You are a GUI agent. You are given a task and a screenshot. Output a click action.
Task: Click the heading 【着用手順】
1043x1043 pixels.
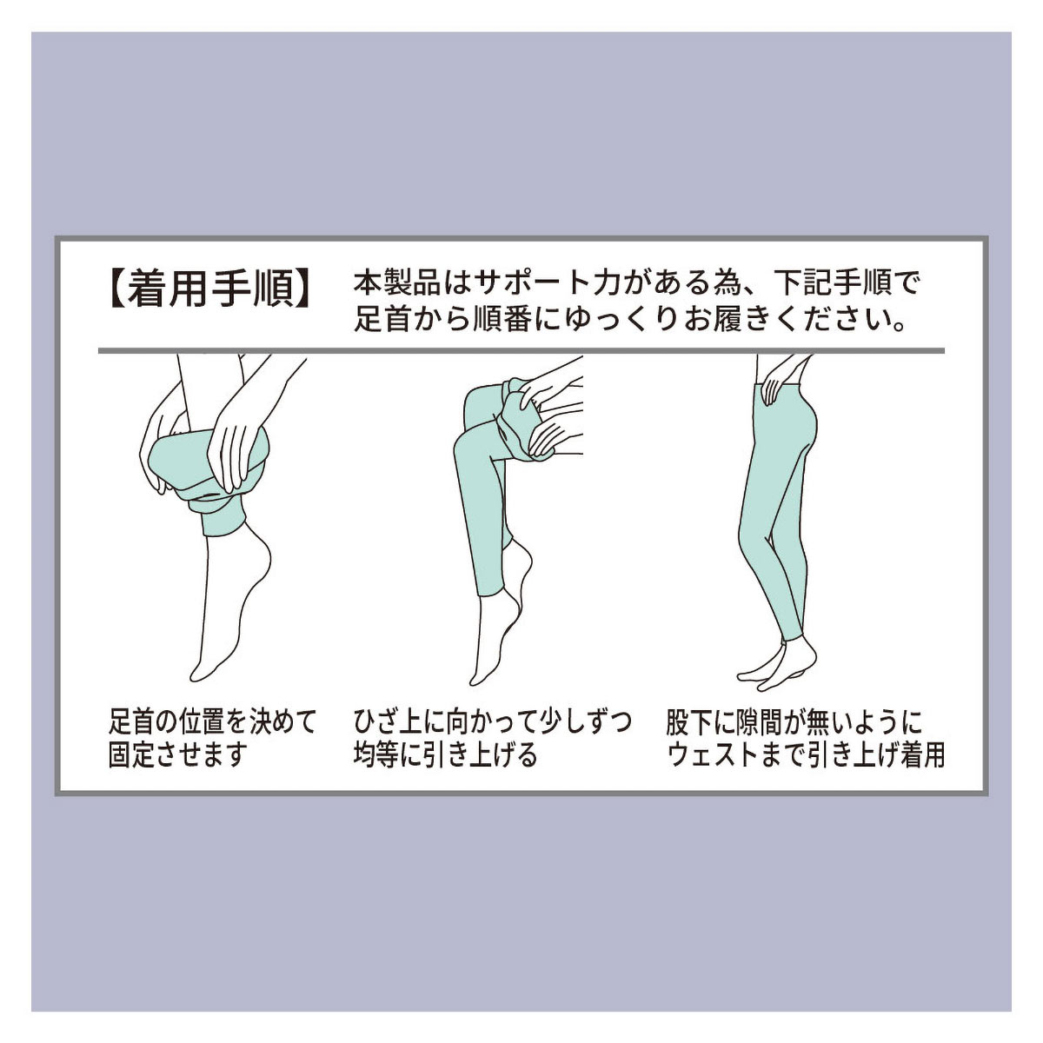210,289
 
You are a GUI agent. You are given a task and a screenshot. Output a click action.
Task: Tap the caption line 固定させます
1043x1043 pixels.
178,754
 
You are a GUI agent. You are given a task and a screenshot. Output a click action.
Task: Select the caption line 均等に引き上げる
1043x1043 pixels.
446,754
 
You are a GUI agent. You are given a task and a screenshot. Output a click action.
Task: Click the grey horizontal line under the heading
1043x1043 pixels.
521,351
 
